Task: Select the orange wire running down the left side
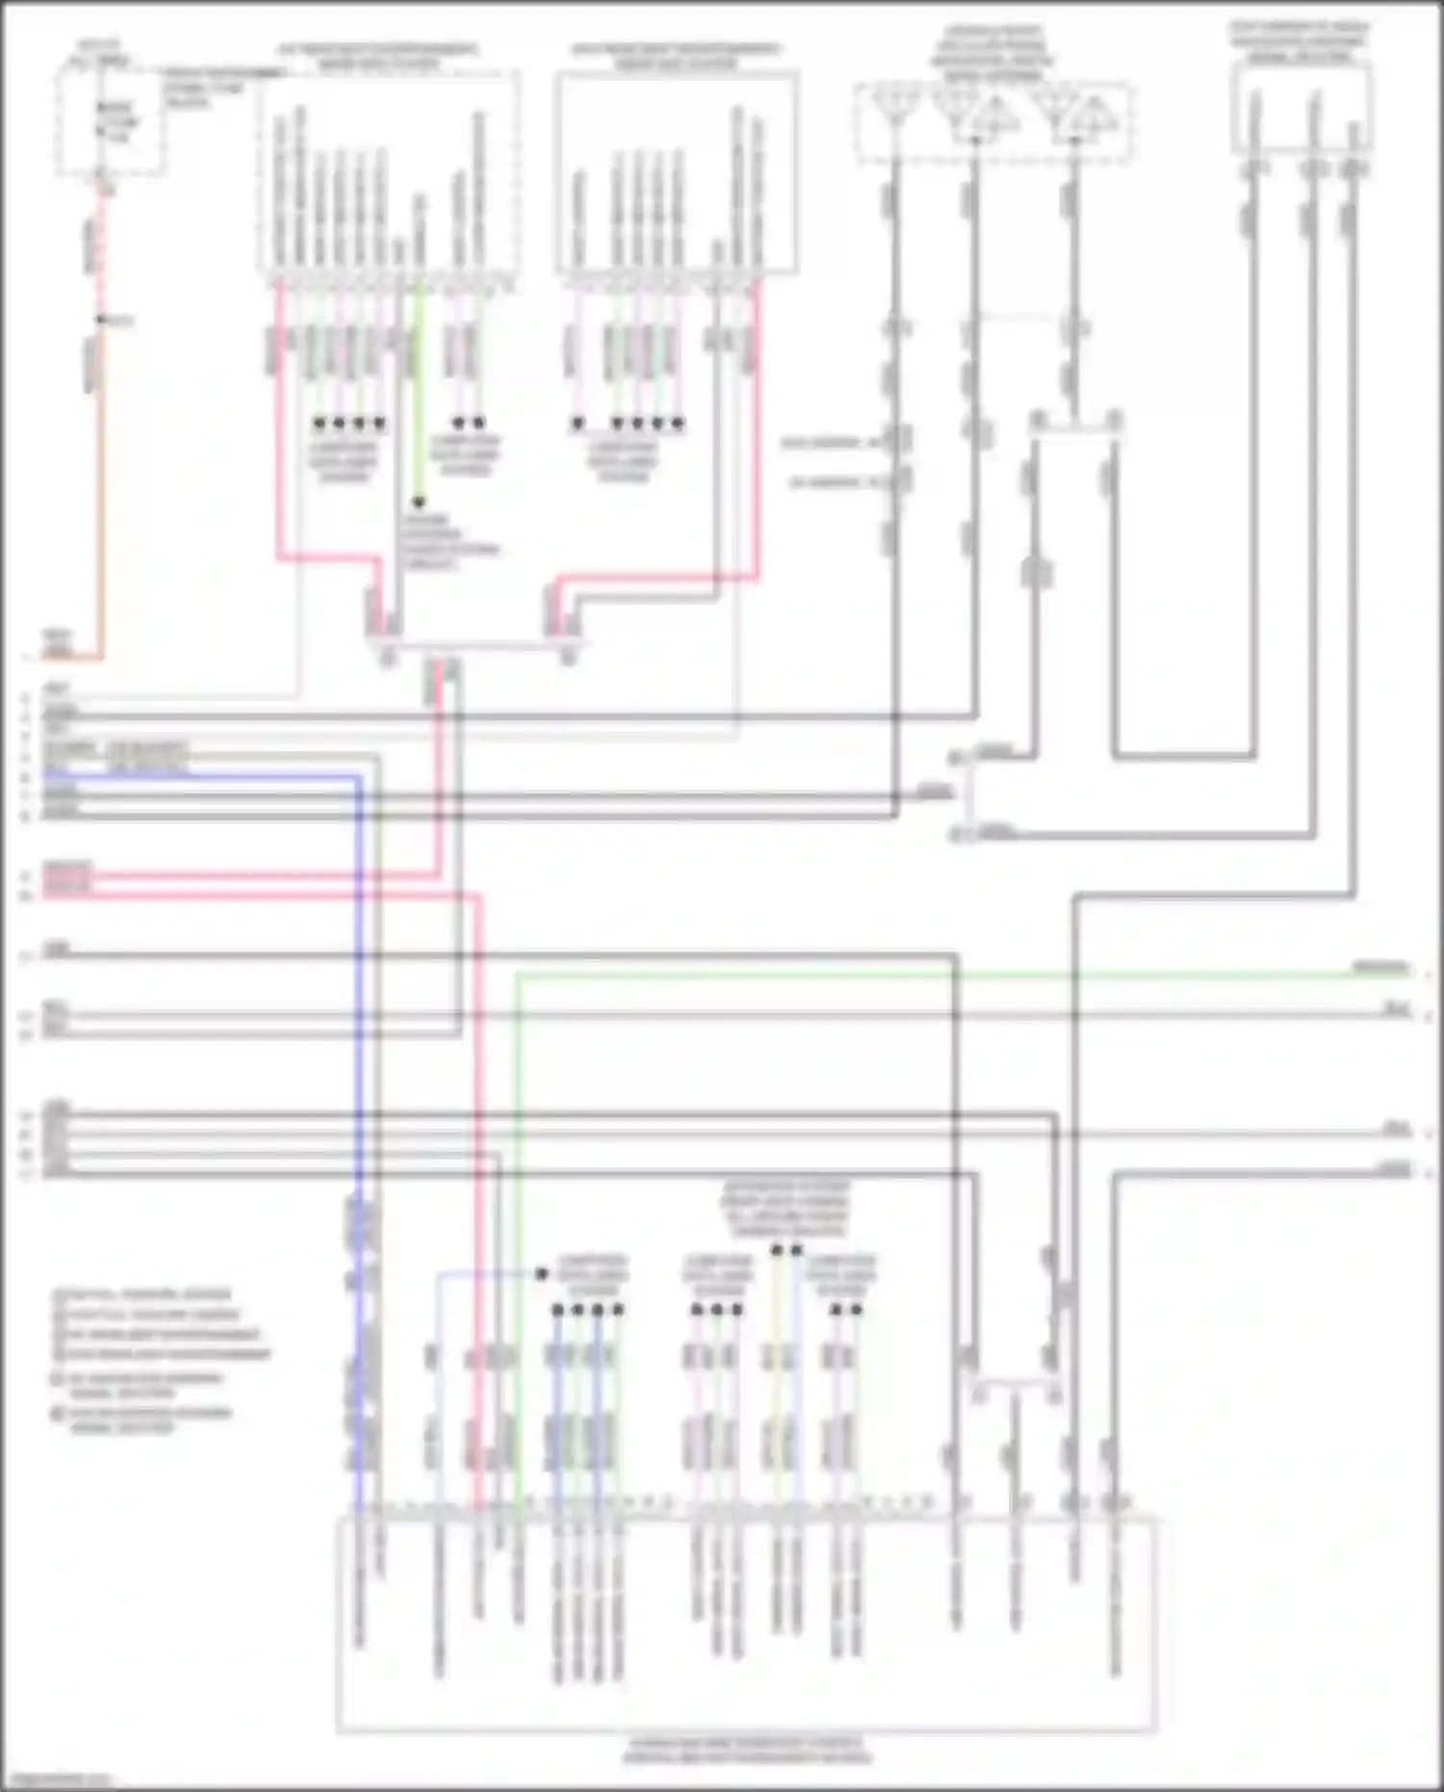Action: tap(99, 501)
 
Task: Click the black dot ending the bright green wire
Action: tap(419, 503)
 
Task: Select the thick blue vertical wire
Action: tap(358, 1059)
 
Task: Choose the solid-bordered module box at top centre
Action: tap(676, 173)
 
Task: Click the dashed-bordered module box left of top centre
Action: tap(389, 173)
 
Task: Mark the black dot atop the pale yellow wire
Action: tap(777, 1251)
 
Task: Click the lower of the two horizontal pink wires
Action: tap(260, 896)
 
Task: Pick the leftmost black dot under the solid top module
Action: tap(578, 424)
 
